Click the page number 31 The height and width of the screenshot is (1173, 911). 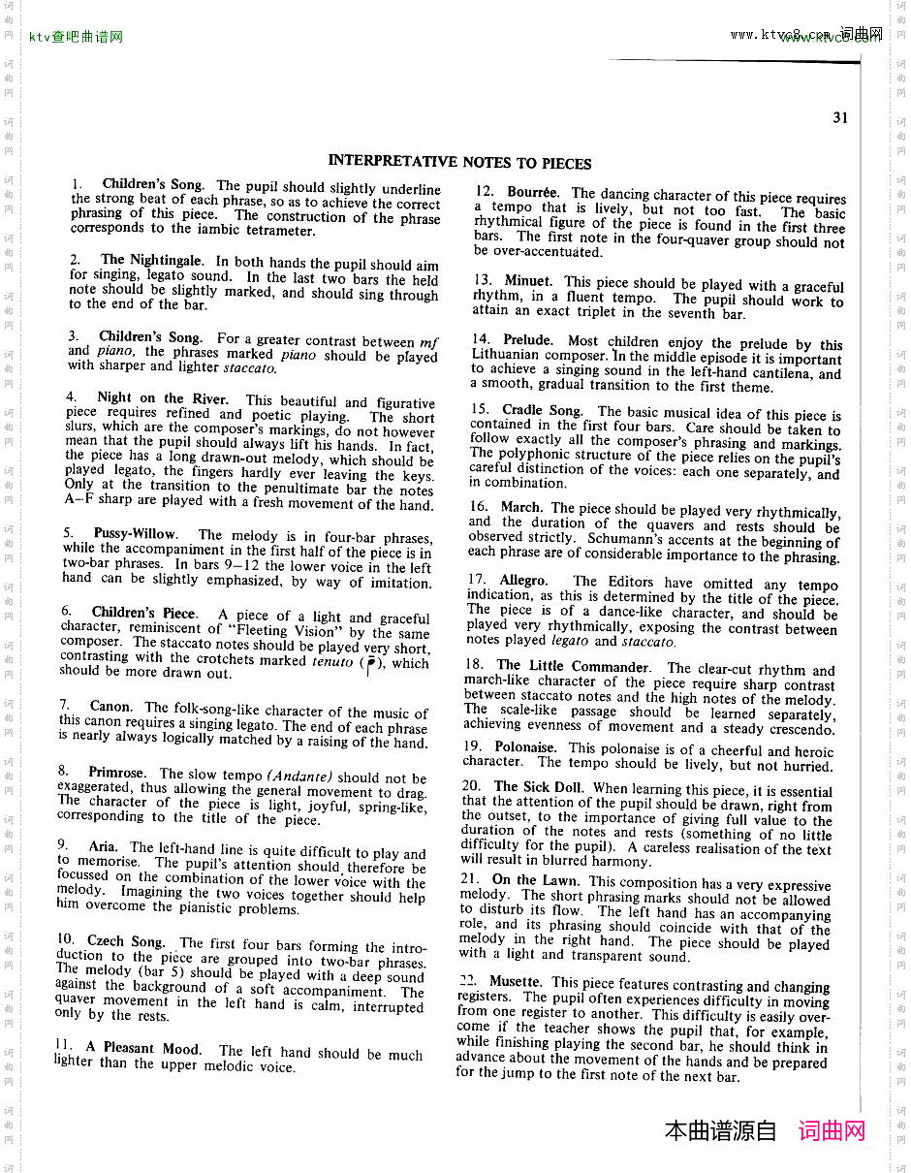click(839, 118)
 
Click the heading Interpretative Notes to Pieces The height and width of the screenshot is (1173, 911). click(459, 162)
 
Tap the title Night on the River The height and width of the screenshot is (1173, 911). click(163, 397)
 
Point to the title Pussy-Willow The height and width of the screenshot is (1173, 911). click(136, 533)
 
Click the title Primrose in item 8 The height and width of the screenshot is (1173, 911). click(117, 773)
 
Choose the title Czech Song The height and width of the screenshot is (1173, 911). click(126, 940)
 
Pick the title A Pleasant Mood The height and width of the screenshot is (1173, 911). click(143, 1048)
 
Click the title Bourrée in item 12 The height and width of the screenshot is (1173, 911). click(532, 192)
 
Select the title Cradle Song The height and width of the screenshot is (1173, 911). click(542, 410)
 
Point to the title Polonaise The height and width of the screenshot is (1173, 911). click(525, 747)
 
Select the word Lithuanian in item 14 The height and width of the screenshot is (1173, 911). click(510, 355)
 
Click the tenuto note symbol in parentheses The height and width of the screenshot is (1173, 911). click(371, 662)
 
